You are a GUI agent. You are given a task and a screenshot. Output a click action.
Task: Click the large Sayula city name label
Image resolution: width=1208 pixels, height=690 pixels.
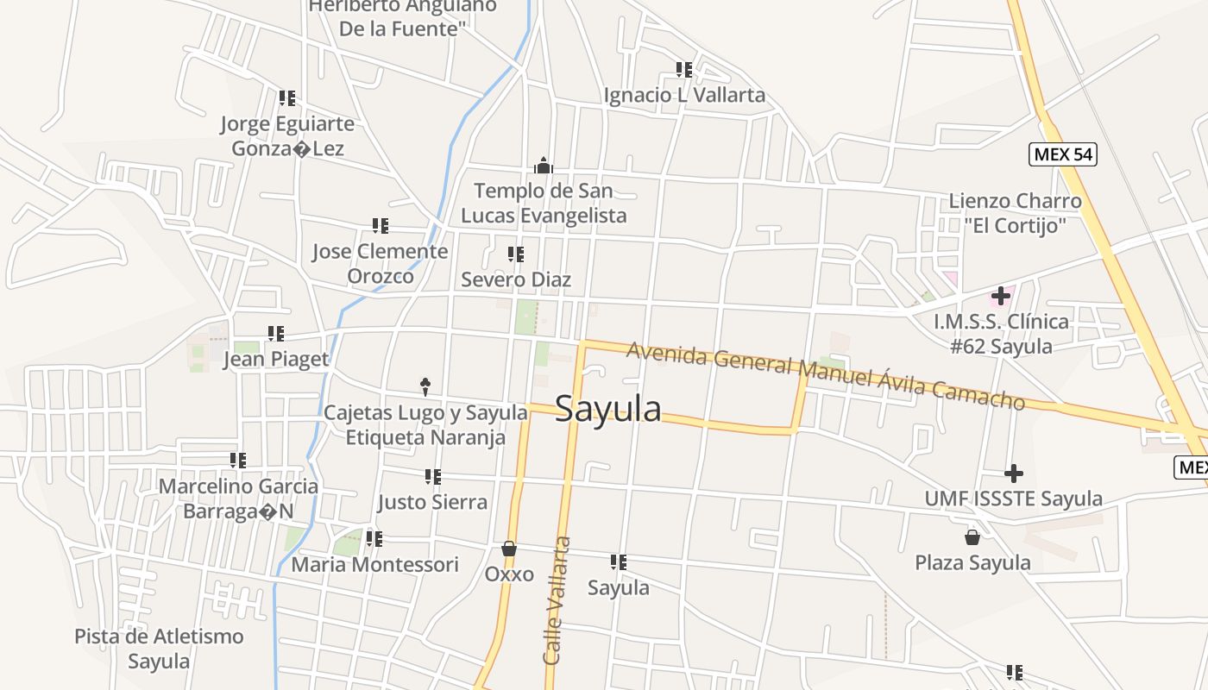[608, 408]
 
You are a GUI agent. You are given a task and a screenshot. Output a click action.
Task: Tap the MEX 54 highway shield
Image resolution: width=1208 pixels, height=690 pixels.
[1063, 154]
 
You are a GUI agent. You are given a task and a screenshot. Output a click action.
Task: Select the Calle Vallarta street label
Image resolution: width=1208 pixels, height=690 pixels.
[557, 600]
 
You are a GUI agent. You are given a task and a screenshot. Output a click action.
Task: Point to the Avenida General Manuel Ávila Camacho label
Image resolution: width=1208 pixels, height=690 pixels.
[826, 375]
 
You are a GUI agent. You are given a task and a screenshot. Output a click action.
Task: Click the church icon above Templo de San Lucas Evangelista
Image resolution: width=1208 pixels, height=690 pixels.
[544, 165]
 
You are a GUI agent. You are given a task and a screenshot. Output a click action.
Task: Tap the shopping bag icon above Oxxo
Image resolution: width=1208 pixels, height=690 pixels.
[509, 549]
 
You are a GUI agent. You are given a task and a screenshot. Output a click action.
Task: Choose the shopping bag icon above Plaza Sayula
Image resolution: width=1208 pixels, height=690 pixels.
[972, 537]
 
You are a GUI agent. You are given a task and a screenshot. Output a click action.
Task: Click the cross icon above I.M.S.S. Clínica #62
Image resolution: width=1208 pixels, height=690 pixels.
[1001, 296]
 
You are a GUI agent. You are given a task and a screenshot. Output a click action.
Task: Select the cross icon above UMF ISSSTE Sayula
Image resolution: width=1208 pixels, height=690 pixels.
[1014, 473]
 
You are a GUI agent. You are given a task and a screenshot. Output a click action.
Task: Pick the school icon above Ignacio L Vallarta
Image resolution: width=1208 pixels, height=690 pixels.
[684, 69]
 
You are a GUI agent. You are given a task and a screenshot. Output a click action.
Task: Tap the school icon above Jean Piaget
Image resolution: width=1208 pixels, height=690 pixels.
[276, 333]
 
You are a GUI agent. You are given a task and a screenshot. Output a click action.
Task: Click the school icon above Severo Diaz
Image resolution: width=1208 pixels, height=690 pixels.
[516, 254]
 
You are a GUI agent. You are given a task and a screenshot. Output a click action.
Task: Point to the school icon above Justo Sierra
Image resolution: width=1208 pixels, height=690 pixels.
[433, 476]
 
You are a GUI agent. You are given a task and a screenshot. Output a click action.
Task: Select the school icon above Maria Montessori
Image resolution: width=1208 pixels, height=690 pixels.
[374, 539]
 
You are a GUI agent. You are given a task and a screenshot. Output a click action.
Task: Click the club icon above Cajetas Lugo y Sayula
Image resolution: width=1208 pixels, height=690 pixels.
[425, 386]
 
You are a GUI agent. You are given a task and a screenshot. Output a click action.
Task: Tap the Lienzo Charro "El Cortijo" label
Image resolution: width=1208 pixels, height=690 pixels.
[1015, 213]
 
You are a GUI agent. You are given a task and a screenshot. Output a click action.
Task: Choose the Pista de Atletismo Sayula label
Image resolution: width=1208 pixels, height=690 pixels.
[159, 649]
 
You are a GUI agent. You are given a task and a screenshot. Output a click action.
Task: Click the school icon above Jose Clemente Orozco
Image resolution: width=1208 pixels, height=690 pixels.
[381, 226]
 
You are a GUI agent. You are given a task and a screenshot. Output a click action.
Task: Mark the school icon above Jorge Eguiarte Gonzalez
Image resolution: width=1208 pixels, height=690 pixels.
[287, 98]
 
